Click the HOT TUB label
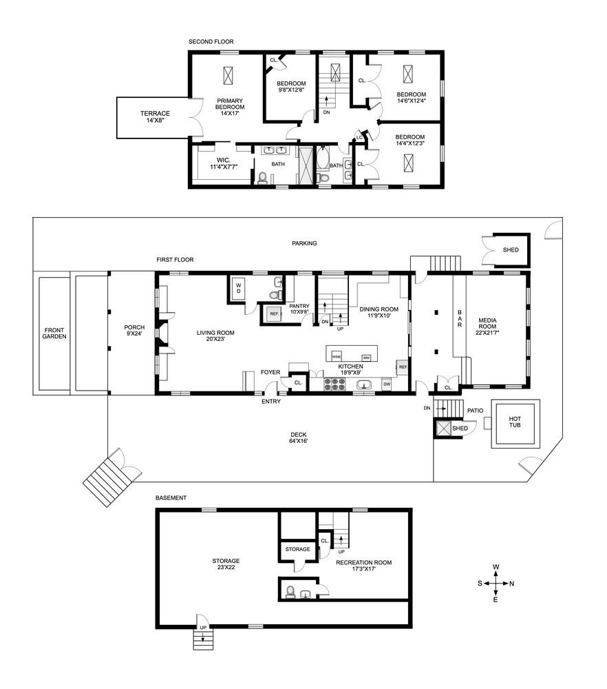[x=515, y=422]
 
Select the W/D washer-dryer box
[x=238, y=288]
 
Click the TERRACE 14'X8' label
[x=155, y=116]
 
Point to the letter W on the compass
[x=496, y=567]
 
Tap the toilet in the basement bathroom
[x=290, y=592]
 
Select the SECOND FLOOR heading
[x=211, y=42]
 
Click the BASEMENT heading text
[x=171, y=498]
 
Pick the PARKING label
[x=304, y=243]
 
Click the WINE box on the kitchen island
[x=337, y=356]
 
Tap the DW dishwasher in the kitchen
[x=386, y=384]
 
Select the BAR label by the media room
[x=460, y=318]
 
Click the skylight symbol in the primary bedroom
[x=228, y=76]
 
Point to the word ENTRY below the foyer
[x=270, y=401]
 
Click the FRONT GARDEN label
[x=54, y=333]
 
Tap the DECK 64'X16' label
[x=299, y=438]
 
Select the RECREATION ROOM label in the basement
[x=364, y=566]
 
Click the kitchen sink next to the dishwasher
[x=363, y=385]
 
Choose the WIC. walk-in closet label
[x=224, y=163]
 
